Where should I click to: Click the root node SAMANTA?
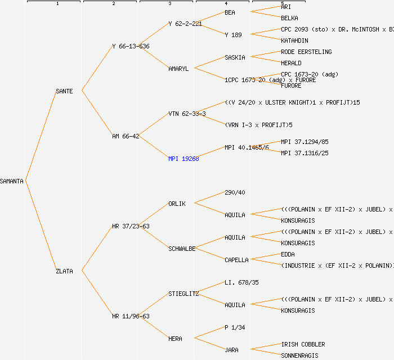point(12,181)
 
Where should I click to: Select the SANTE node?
point(64,91)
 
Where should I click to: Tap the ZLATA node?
point(64,271)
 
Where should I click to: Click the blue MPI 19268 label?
point(183,159)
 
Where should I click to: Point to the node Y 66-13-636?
point(131,46)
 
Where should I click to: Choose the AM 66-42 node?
point(126,136)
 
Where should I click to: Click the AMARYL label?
point(178,69)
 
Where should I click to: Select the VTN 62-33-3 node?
point(187,114)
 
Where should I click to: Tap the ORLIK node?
point(177,204)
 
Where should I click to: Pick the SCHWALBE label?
point(182,249)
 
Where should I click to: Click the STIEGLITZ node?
point(183,294)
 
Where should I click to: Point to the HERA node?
point(175,339)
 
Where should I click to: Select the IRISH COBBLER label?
point(303,344)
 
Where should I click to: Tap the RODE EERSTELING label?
point(306,52)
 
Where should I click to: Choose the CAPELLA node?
point(236,260)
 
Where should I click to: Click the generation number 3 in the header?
point(169,4)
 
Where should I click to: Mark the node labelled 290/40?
point(235,192)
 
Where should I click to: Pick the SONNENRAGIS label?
point(299,355)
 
